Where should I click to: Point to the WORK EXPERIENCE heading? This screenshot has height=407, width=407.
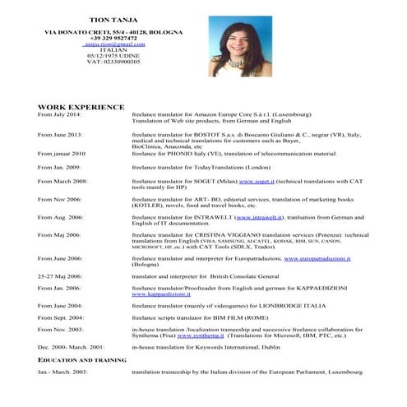81,107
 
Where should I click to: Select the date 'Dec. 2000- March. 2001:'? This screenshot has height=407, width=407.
71,347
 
